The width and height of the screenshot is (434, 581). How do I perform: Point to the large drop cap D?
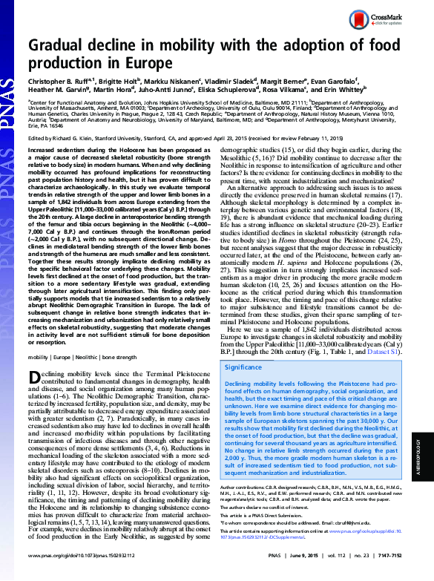(36, 379)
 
